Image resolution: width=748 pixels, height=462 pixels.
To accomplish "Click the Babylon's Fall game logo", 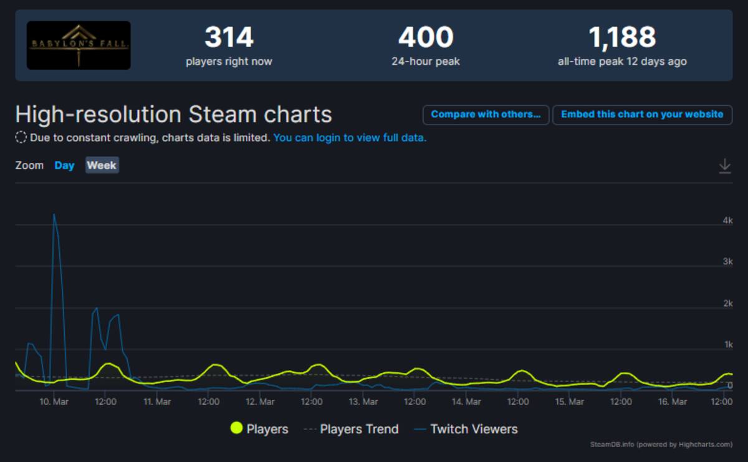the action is point(79,45).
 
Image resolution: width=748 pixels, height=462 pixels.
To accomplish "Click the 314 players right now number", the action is point(229,37).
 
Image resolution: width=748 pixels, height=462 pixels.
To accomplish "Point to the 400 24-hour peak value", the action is point(426,37).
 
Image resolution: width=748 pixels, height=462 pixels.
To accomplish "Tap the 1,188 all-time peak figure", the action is point(622,37).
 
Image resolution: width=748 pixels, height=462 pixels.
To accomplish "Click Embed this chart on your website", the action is point(642,115).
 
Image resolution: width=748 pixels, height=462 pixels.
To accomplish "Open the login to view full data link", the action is point(350,138).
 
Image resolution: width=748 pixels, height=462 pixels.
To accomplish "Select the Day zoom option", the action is point(64,166).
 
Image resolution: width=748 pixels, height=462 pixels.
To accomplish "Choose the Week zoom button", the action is point(102,165).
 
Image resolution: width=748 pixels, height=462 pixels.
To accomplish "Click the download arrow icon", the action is point(724,166).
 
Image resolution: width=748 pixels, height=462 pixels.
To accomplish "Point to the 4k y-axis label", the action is point(727,220).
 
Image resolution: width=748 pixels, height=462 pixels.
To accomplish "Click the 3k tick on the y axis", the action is point(727,261).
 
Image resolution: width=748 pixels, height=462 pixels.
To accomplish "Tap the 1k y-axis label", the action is point(728,344).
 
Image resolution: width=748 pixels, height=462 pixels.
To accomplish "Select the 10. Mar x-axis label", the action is point(54,402).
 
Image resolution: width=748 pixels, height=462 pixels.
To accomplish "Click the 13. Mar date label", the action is point(363,402).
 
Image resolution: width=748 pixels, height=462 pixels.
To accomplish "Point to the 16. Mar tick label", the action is point(673,402).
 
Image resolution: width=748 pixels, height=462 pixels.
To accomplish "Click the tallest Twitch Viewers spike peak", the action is point(54,214).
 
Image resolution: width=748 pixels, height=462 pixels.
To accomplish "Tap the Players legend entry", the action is point(259,428).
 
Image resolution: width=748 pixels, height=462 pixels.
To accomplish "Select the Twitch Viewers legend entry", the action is point(466,429).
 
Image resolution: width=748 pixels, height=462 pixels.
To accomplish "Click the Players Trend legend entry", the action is point(352,429).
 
